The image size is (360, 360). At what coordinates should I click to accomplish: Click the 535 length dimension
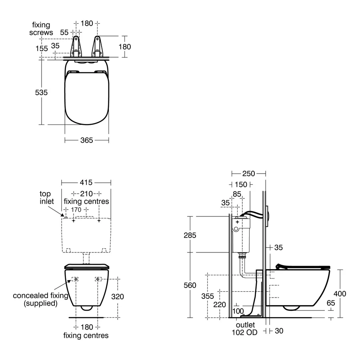click(x=41, y=92)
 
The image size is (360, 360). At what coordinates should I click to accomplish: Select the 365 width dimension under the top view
click(x=86, y=140)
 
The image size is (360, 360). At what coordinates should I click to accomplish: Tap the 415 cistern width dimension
click(x=86, y=182)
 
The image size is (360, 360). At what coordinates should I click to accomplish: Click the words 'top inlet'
click(x=46, y=198)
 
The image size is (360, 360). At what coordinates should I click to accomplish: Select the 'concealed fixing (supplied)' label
click(x=40, y=300)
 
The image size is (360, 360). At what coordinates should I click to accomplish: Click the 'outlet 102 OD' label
click(x=245, y=328)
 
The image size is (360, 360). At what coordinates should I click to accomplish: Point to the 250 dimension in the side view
click(x=248, y=173)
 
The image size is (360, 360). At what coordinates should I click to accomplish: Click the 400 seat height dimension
click(x=340, y=294)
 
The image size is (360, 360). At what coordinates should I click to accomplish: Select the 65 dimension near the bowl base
click(x=330, y=303)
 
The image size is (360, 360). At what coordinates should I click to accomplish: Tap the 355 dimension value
click(x=208, y=296)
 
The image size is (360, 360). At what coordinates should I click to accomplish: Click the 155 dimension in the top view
click(x=41, y=48)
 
